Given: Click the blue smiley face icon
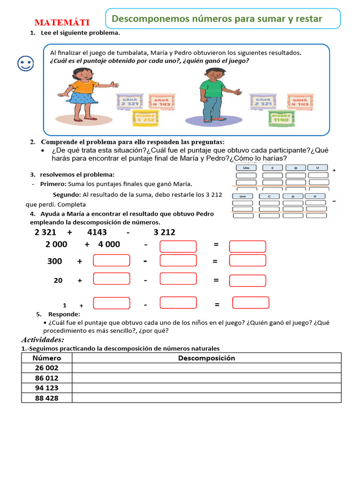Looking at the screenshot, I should pos(25,64).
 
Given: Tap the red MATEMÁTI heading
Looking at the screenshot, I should pos(62,23).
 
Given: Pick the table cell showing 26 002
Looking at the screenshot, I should pos(46,368).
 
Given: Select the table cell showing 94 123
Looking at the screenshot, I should pos(46,388).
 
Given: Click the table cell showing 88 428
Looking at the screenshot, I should pos(46,397).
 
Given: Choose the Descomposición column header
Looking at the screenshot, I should pos(206,358).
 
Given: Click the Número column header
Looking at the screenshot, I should pos(46,358).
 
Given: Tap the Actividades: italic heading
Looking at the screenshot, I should pos(43,340).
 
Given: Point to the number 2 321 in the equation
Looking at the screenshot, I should pos(45,232).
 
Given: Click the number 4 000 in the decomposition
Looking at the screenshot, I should pos(109,244).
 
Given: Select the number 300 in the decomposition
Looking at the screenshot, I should pos(55,261).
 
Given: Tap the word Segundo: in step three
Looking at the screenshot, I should pos(67,195).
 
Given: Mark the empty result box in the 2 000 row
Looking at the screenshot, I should pos(247,247).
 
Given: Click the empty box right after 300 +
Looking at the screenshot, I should pos(112,261).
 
